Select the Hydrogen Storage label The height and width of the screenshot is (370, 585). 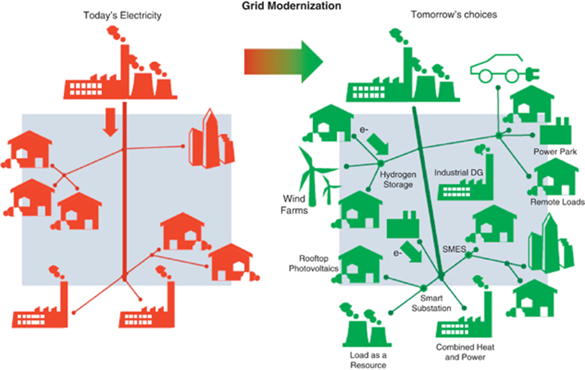396,179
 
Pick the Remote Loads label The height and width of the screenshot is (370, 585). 558,202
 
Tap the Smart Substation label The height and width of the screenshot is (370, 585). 432,303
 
